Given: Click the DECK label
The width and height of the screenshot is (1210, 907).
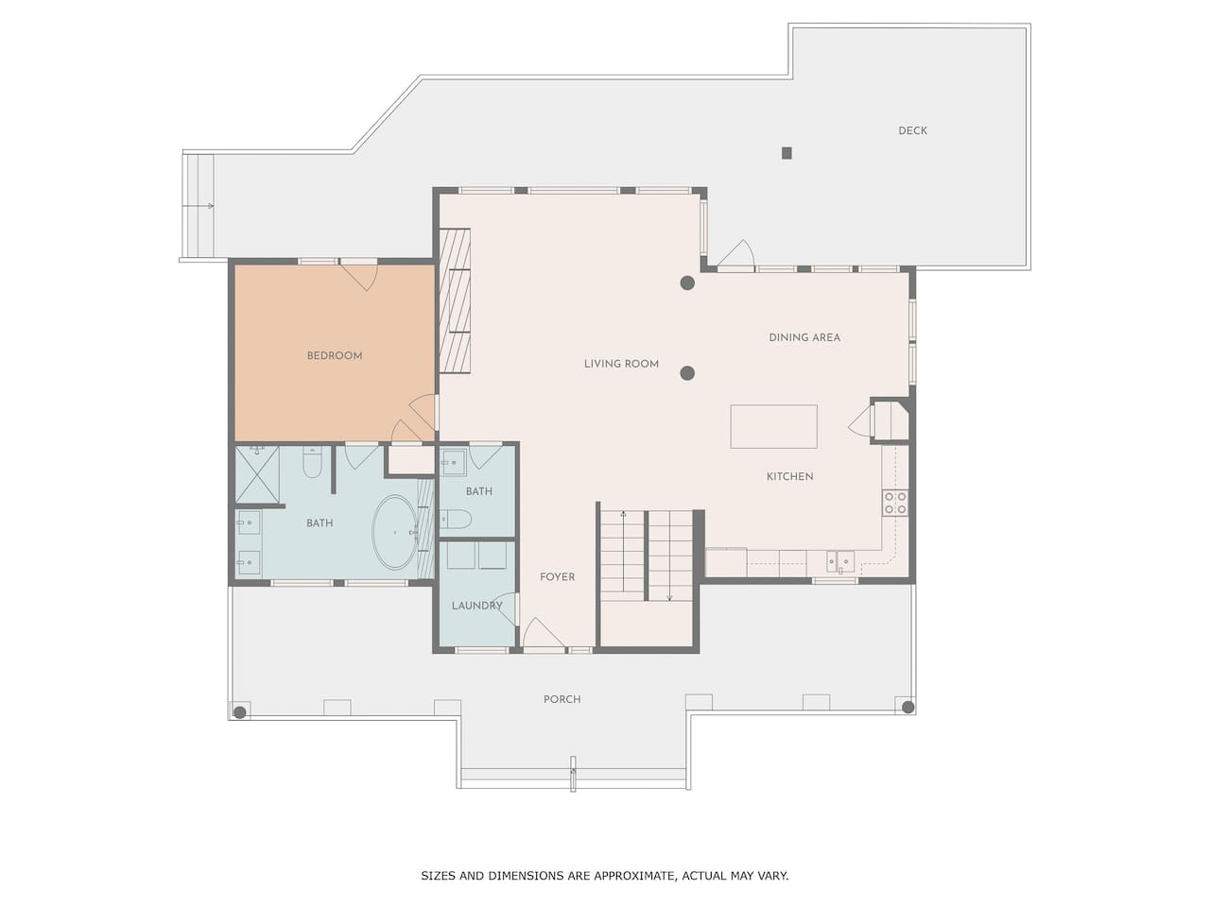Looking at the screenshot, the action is (912, 130).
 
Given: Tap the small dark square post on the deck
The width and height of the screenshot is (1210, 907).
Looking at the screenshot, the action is (786, 152).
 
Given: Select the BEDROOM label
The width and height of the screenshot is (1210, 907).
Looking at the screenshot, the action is (335, 356).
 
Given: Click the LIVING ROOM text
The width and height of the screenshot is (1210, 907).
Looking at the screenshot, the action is (621, 364).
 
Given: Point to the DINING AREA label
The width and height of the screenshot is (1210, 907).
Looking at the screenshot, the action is (804, 337).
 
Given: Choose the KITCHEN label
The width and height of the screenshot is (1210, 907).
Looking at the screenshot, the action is (790, 476).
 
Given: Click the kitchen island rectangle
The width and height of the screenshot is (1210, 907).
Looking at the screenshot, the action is (773, 426).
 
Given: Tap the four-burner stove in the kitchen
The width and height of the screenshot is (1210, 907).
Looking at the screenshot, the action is (895, 503).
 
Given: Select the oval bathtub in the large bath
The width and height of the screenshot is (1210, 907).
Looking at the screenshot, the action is (395, 532).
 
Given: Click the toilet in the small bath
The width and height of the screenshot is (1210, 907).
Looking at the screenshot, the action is (456, 519).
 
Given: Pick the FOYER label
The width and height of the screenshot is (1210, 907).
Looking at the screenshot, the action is (558, 576).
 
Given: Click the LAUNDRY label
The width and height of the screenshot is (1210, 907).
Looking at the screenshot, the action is (476, 606).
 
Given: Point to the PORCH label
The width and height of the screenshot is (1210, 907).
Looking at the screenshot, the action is (562, 699).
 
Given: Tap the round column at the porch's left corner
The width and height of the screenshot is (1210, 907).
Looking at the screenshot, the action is (240, 712).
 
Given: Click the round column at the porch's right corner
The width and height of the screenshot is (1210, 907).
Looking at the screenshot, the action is (907, 707).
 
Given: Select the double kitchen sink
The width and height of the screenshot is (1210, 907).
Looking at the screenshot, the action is (840, 562).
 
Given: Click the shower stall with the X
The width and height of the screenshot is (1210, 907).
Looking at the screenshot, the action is (257, 474).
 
